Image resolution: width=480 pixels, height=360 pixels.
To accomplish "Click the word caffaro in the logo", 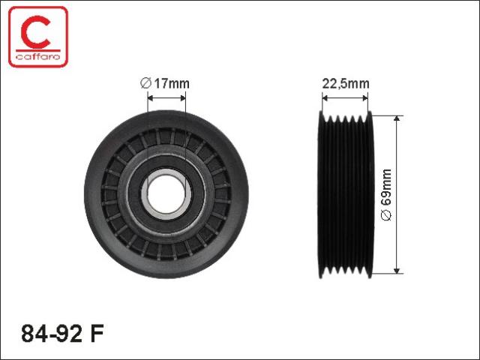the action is coord(38,57).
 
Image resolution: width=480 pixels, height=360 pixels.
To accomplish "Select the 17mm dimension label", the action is coord(172,83).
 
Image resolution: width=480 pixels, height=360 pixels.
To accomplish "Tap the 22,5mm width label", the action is coord(346,83).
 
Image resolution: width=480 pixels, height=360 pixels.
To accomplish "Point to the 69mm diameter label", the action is coord(386,187).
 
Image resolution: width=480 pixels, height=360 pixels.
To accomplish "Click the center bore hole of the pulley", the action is coord(166,193).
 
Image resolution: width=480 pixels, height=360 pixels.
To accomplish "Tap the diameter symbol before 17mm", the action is coord(145,83).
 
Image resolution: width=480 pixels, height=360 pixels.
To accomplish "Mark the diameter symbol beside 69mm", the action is coord(386,215).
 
